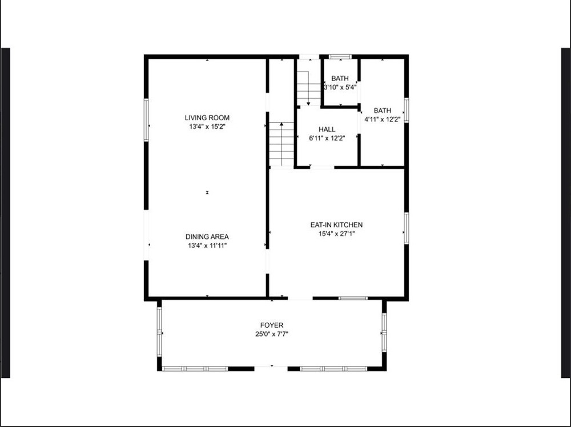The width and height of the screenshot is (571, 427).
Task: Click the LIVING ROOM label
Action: pyautogui.click(x=207, y=117)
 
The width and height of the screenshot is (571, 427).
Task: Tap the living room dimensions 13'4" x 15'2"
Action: pyautogui.click(x=207, y=127)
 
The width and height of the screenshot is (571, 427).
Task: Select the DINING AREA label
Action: pyautogui.click(x=207, y=237)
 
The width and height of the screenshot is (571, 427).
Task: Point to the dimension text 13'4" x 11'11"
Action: pyautogui.click(x=207, y=246)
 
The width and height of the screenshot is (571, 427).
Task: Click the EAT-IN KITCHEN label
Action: pyautogui.click(x=336, y=225)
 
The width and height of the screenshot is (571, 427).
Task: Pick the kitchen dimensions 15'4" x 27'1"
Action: pyautogui.click(x=336, y=234)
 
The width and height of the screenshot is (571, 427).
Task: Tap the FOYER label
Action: pyautogui.click(x=272, y=325)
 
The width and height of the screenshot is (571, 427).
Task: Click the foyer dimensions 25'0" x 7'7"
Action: pyautogui.click(x=272, y=334)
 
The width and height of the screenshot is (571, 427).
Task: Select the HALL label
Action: pyautogui.click(x=327, y=129)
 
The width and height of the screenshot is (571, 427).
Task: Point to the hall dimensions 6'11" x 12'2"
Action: pyautogui.click(x=327, y=138)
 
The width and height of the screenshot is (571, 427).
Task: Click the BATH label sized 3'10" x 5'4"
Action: pyautogui.click(x=340, y=78)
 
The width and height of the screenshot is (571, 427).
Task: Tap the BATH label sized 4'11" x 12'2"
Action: pyautogui.click(x=383, y=110)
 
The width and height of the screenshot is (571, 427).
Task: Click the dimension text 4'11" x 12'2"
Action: pyautogui.click(x=383, y=119)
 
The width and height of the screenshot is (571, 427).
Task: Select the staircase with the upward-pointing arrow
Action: pyautogui.click(x=282, y=144)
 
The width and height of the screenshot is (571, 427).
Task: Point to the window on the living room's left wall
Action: pyautogui.click(x=146, y=120)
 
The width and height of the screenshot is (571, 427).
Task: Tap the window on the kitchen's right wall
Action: pyautogui.click(x=407, y=229)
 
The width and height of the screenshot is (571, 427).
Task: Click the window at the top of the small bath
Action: pyautogui.click(x=340, y=56)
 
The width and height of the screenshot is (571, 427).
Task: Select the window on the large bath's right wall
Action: pyautogui.click(x=407, y=110)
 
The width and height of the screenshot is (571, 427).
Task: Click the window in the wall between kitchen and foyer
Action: pyautogui.click(x=353, y=298)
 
